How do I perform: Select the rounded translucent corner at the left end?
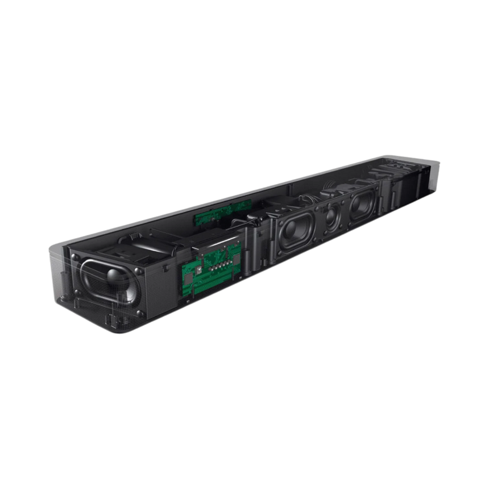pos(57,256)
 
